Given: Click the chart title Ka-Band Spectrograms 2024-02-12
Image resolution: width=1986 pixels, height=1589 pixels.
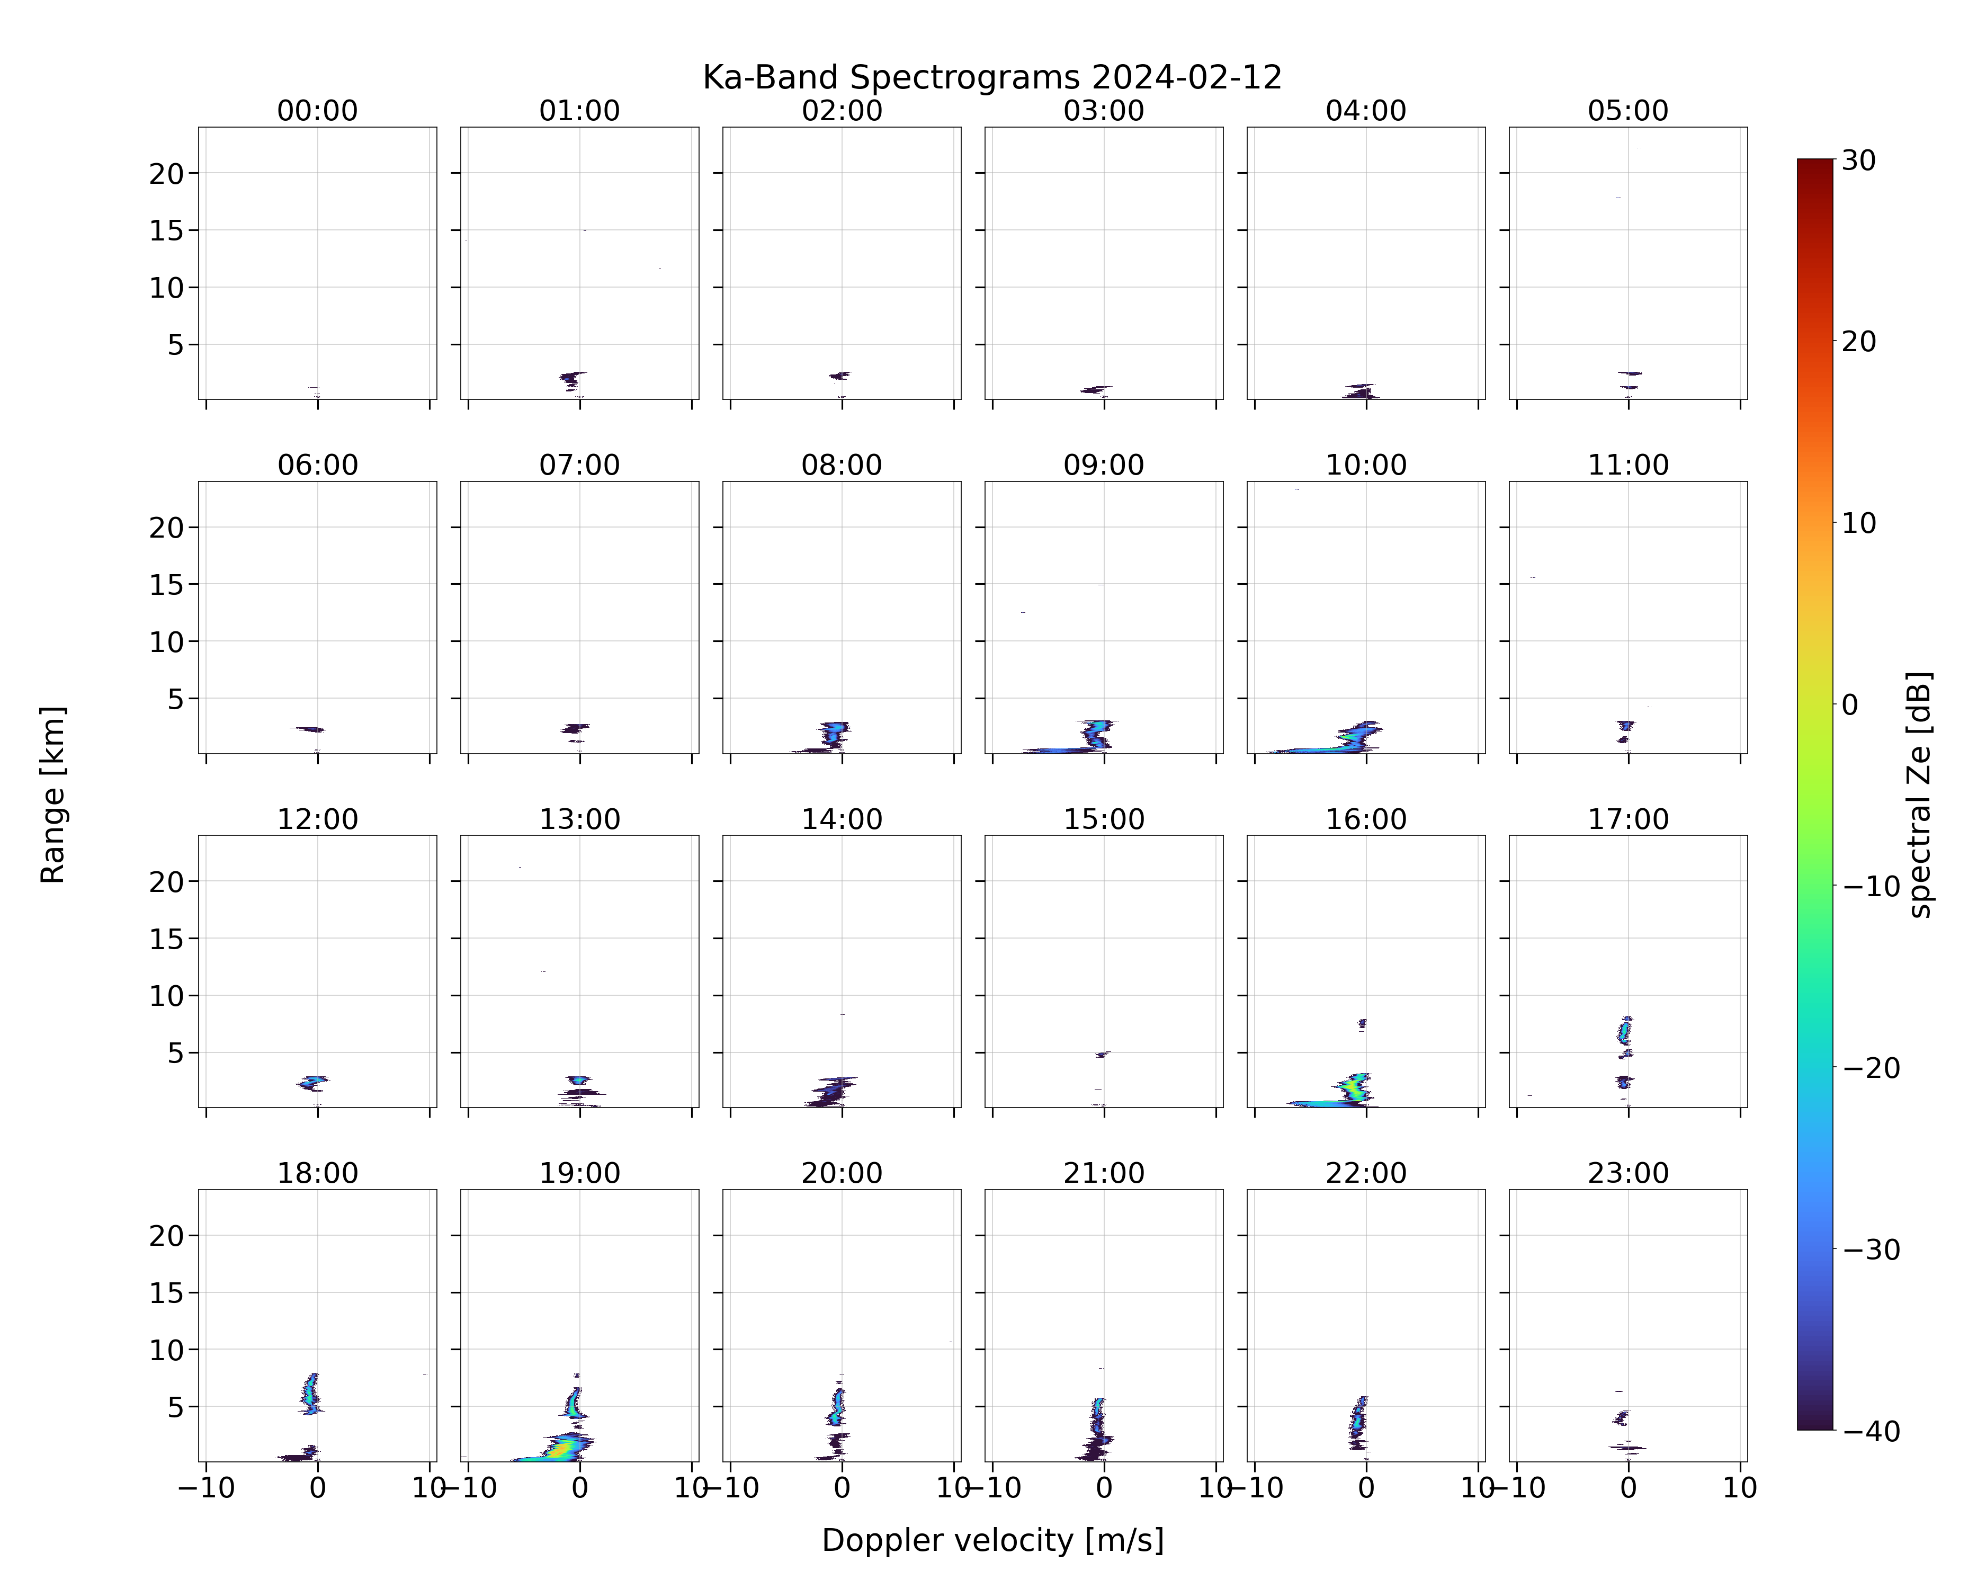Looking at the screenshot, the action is [992, 77].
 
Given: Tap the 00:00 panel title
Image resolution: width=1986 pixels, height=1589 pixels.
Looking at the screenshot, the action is [318, 111].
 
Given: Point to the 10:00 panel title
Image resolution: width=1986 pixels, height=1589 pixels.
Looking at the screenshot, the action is [1366, 465].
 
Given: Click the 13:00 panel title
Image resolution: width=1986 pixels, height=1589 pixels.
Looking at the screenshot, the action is [579, 819].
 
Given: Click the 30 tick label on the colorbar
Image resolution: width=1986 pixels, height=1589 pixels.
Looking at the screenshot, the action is [1859, 160].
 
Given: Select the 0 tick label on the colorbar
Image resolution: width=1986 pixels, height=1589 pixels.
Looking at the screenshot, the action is [1850, 704].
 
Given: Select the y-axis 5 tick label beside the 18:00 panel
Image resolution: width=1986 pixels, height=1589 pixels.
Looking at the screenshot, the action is [176, 1407].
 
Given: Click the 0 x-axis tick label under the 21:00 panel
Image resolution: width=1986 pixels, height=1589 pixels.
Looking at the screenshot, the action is [1104, 1488].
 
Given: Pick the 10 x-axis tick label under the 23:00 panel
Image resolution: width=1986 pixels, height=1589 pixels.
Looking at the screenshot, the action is [1740, 1488].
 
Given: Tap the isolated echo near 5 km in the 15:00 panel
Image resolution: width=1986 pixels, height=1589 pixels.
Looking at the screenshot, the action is [1103, 1054].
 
